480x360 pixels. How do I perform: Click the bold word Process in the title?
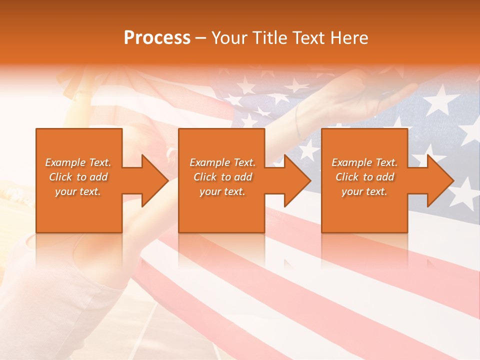(x=157, y=38)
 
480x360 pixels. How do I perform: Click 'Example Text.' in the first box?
(x=78, y=162)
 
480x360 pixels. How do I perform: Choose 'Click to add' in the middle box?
(x=222, y=177)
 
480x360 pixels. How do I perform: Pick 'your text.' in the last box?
(x=364, y=191)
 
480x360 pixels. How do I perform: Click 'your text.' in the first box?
(x=78, y=191)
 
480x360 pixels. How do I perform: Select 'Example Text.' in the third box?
(x=364, y=162)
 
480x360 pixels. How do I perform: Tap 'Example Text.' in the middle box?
(x=222, y=162)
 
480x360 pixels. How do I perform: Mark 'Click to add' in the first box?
(x=78, y=177)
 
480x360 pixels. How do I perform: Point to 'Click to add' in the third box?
(x=364, y=177)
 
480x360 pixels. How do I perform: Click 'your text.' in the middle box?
(x=222, y=191)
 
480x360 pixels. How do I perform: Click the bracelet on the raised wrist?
(x=299, y=122)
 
